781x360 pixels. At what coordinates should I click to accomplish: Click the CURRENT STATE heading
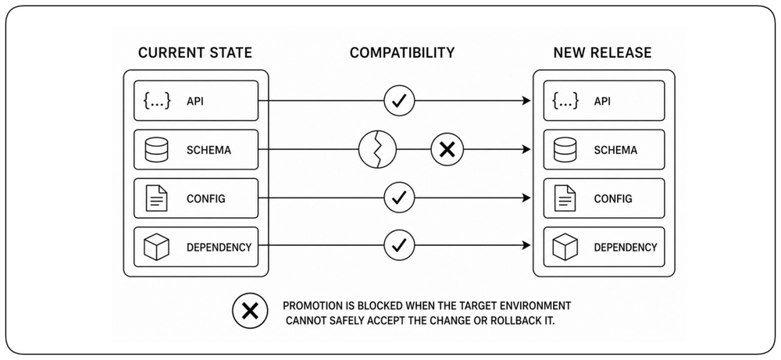pyautogui.click(x=194, y=53)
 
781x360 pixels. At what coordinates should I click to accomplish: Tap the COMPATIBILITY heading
pyautogui.click(x=402, y=53)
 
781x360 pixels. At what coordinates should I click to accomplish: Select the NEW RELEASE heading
pyautogui.click(x=602, y=53)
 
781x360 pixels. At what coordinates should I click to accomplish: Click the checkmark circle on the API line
pyautogui.click(x=399, y=101)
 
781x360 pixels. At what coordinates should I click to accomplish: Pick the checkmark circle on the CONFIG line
pyautogui.click(x=399, y=198)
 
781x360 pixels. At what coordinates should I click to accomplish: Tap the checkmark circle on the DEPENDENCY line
pyautogui.click(x=399, y=245)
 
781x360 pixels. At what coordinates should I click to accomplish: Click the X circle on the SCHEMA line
pyautogui.click(x=448, y=149)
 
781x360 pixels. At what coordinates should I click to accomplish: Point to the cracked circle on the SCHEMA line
pyautogui.click(x=377, y=149)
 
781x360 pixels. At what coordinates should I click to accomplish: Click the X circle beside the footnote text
pyautogui.click(x=250, y=312)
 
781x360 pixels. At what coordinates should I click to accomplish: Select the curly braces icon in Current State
pyautogui.click(x=157, y=101)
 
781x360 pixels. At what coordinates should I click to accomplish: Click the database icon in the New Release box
pyautogui.click(x=565, y=149)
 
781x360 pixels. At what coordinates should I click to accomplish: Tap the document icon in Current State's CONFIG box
pyautogui.click(x=156, y=198)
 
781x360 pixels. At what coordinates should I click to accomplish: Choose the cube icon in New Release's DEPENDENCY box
pyautogui.click(x=565, y=247)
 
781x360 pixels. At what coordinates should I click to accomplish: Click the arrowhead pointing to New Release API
pyautogui.click(x=526, y=101)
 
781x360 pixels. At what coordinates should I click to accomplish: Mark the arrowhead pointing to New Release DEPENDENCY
pyautogui.click(x=526, y=245)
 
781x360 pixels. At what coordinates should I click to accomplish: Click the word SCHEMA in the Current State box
pyautogui.click(x=209, y=150)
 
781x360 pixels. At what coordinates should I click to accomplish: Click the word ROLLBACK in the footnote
pyautogui.click(x=512, y=319)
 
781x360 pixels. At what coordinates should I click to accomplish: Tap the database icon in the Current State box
pyautogui.click(x=156, y=149)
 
